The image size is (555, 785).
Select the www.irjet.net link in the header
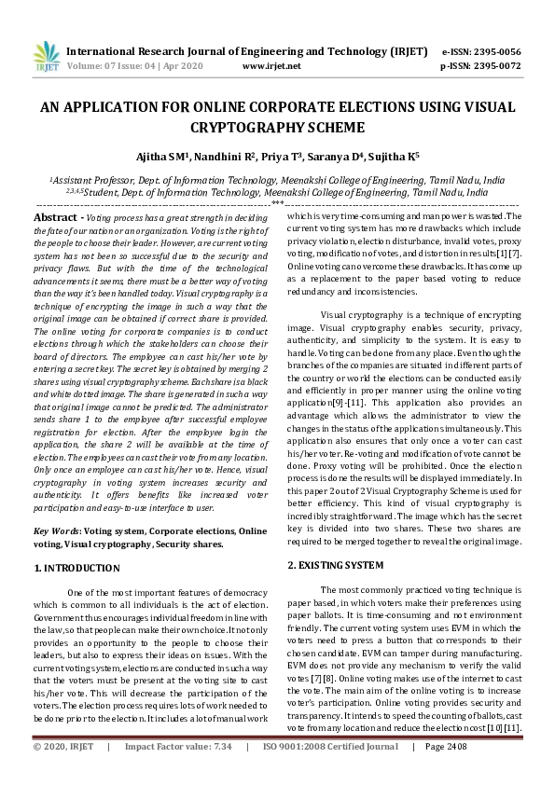[x=271, y=67]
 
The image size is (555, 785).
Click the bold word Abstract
[x=61, y=217]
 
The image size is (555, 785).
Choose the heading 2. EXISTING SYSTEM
[x=336, y=566]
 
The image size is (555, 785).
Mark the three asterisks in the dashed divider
[x=277, y=202]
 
